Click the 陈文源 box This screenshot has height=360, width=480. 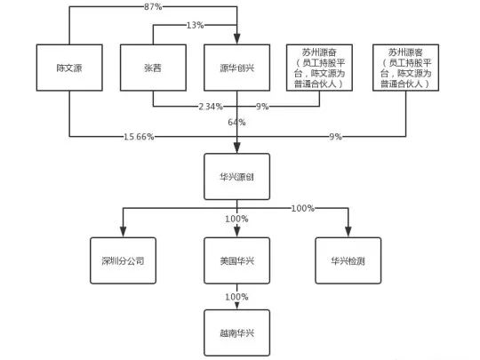coord(69,67)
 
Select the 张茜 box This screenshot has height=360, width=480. coord(151,67)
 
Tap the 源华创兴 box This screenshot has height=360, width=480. coord(236,67)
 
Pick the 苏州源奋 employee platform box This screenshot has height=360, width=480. coord(318,66)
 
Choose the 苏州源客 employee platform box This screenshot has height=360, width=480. coord(406,66)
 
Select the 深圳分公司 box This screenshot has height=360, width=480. coord(123,260)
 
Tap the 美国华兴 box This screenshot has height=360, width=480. coord(236,260)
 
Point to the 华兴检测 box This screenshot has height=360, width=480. coord(348,260)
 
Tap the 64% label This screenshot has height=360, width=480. coord(236,122)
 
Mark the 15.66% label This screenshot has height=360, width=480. coord(140,137)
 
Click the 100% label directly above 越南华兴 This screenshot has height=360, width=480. coord(236,296)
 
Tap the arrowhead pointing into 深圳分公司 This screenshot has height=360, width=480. coord(123,233)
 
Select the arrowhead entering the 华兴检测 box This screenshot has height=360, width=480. coord(348,233)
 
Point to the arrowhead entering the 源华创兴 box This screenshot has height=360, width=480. coord(236,39)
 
